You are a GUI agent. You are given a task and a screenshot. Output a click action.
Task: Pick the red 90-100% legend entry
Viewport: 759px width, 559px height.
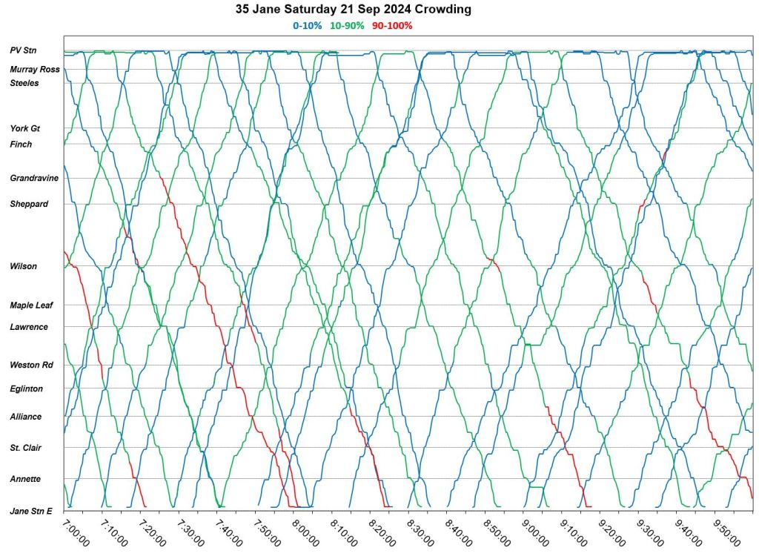[393, 26]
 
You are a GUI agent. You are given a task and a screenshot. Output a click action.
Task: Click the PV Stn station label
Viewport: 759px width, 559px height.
[24, 51]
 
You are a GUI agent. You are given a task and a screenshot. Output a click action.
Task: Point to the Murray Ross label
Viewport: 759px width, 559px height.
[35, 70]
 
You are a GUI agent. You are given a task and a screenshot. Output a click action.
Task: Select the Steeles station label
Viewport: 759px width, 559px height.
[24, 83]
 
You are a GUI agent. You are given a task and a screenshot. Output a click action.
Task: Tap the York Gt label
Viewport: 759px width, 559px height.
[24, 128]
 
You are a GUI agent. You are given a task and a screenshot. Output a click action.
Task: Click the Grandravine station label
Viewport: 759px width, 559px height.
[34, 178]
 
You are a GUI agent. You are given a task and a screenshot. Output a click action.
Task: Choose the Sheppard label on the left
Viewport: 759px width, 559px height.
[29, 204]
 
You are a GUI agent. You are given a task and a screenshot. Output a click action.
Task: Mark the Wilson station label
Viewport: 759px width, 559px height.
[24, 266]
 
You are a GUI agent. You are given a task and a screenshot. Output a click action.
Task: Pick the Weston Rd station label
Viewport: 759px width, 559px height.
[31, 365]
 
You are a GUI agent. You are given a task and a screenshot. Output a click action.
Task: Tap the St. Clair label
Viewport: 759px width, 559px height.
[26, 448]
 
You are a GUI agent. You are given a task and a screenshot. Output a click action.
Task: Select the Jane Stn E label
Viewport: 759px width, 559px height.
[31, 511]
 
